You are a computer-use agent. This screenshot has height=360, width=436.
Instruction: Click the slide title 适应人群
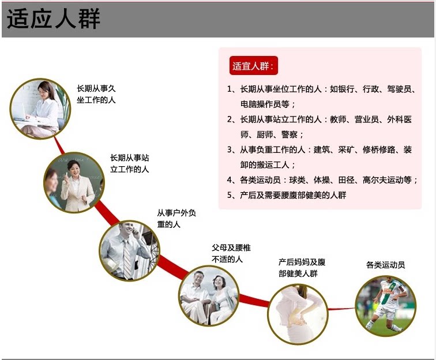point(54,19)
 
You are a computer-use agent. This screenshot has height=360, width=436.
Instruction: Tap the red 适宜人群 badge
point(254,66)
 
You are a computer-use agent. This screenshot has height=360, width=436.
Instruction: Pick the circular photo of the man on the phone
point(129,250)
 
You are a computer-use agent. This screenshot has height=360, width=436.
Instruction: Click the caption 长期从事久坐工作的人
point(96,94)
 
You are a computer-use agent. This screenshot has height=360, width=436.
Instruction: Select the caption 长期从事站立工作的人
point(130,163)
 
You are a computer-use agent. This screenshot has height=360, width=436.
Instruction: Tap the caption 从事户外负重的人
point(176,218)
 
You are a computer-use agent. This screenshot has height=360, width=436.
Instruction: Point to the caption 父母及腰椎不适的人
point(231,253)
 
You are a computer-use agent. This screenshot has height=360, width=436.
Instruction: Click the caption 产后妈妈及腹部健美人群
point(302,268)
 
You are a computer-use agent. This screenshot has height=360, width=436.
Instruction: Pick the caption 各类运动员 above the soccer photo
point(385,265)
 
